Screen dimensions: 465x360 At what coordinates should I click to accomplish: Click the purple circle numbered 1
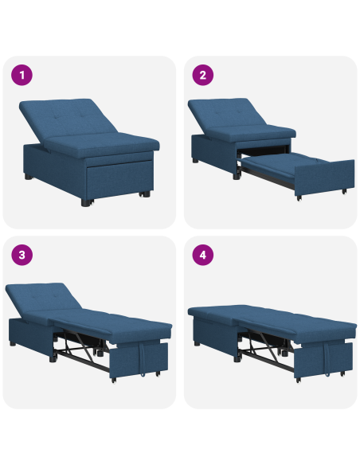23,76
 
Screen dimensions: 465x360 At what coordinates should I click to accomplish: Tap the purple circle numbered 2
203,76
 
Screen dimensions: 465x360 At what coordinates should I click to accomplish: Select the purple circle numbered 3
23,256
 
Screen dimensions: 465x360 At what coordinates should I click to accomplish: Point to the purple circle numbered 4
203,256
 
